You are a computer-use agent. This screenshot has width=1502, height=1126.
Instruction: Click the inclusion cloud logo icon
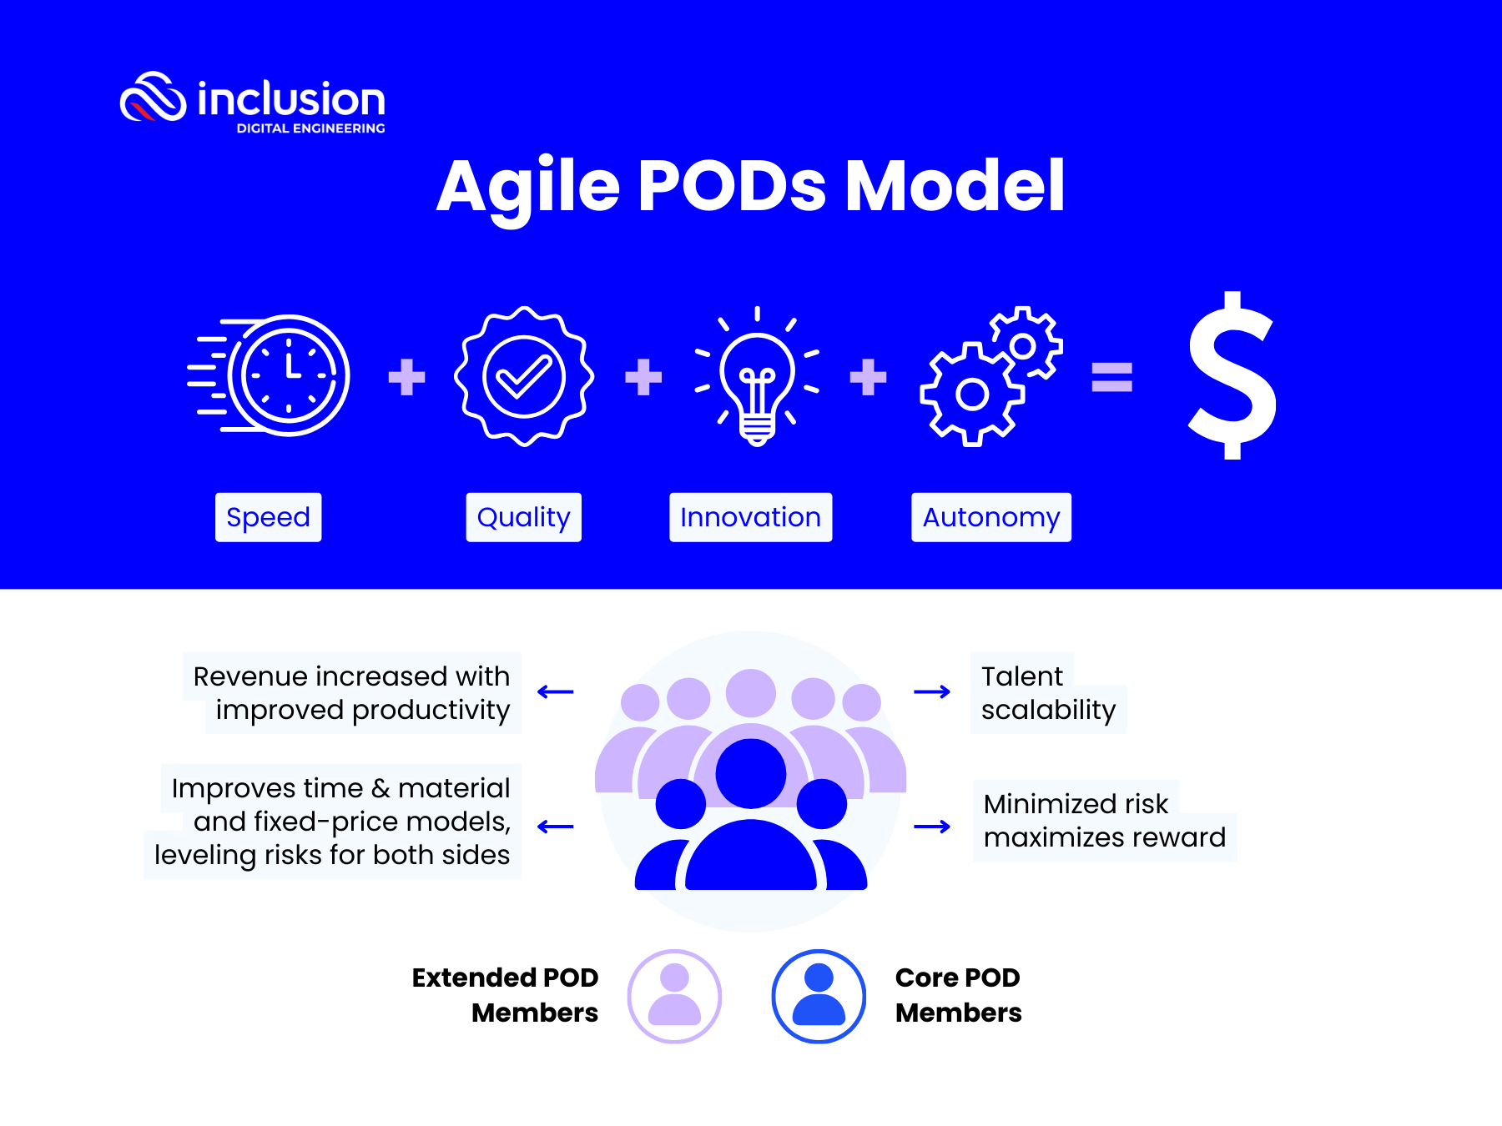coord(153,98)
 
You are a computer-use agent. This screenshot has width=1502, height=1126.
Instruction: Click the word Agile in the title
coord(527,187)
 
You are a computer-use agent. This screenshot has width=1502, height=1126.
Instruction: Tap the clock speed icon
coord(287,375)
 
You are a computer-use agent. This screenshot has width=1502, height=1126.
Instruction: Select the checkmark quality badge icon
coord(524,376)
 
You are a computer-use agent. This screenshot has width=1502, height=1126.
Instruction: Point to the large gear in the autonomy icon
coord(971,395)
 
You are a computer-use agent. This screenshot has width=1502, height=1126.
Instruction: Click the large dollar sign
coord(1232,375)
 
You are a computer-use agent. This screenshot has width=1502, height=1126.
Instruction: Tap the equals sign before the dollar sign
coord(1111,377)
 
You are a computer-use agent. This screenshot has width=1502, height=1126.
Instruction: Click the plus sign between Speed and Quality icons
coord(406,377)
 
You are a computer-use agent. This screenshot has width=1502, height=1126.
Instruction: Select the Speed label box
coord(268,517)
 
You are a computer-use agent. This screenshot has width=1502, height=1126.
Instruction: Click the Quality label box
coord(523,517)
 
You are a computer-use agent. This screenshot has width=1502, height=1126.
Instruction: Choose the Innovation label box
coord(750,517)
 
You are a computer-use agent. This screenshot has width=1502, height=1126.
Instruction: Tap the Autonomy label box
coord(990,517)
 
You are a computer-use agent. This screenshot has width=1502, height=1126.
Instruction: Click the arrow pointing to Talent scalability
coord(932,691)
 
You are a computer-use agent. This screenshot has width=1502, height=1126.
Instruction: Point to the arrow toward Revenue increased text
coord(556,691)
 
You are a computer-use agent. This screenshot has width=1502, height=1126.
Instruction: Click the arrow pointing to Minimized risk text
coord(932,827)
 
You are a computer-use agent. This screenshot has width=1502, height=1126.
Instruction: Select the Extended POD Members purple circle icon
coord(674,996)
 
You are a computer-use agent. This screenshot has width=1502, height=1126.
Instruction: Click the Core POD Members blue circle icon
coord(819,996)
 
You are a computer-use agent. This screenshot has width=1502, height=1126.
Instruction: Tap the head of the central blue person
coord(751,773)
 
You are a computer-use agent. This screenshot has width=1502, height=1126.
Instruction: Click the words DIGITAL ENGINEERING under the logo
coord(310,128)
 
